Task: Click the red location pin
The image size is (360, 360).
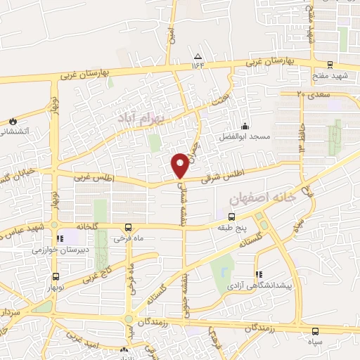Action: point(181,165)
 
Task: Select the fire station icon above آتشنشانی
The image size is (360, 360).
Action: point(12,122)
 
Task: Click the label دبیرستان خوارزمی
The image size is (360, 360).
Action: point(58,250)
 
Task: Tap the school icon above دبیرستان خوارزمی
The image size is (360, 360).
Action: point(60,238)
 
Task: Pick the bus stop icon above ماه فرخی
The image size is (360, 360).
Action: point(127,227)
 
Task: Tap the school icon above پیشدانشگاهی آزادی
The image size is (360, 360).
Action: point(259,274)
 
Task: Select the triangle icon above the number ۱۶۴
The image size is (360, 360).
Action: point(198,56)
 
